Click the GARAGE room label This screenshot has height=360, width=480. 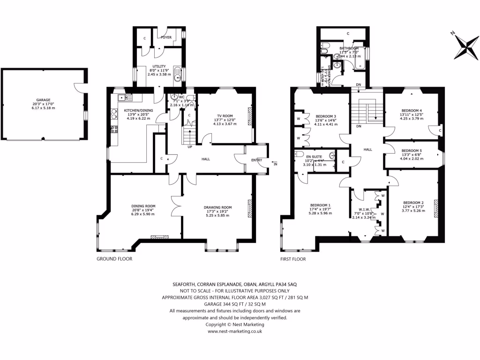pyautogui.click(x=43, y=100)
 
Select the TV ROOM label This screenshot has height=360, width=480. pyautogui.click(x=225, y=115)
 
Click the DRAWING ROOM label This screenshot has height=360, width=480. pyautogui.click(x=217, y=207)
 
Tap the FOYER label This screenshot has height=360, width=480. pyautogui.click(x=166, y=37)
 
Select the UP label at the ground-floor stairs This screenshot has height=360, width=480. pyautogui.click(x=189, y=147)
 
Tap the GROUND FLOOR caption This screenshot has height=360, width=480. pyautogui.click(x=114, y=259)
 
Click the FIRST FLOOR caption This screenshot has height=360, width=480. pyautogui.click(x=293, y=259)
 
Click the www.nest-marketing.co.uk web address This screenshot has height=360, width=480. pyautogui.click(x=234, y=331)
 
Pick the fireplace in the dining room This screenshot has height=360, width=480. pyautogui.click(x=157, y=236)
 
